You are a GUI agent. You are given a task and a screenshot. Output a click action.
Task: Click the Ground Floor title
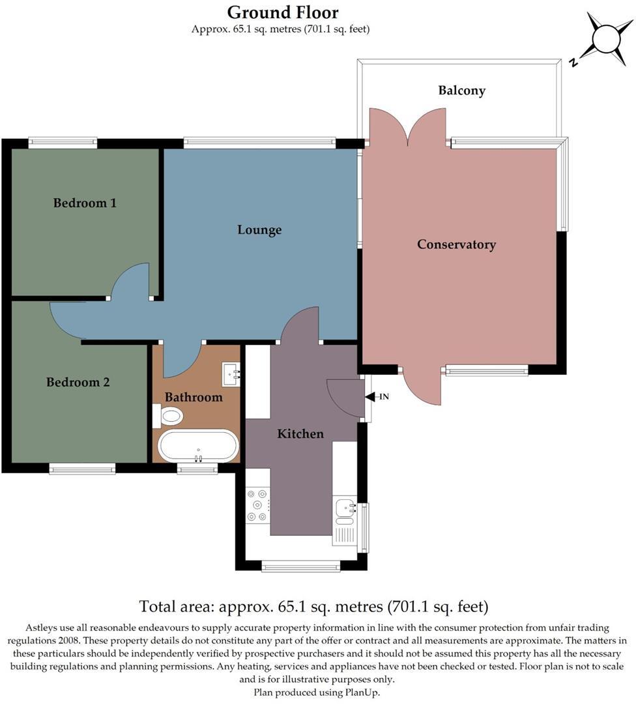click(282, 12)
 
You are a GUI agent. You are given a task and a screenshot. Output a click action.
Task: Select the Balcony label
click(461, 91)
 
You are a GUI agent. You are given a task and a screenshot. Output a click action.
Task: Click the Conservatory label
click(456, 244)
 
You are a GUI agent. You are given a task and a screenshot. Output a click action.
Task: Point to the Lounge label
click(259, 229)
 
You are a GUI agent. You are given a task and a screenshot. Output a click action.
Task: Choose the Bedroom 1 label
click(85, 203)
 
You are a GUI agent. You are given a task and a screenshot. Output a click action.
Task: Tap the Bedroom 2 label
click(78, 382)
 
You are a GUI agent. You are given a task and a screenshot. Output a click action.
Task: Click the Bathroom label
click(193, 397)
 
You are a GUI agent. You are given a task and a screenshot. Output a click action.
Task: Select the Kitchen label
click(300, 433)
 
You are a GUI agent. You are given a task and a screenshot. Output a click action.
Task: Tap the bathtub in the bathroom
click(199, 446)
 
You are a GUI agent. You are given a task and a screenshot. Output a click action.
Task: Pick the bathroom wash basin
click(232, 374)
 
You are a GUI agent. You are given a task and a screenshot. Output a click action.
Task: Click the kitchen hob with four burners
click(258, 505)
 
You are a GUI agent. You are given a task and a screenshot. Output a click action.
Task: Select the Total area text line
click(313, 607)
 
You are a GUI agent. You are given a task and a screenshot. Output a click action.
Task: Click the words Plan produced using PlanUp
click(317, 692)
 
